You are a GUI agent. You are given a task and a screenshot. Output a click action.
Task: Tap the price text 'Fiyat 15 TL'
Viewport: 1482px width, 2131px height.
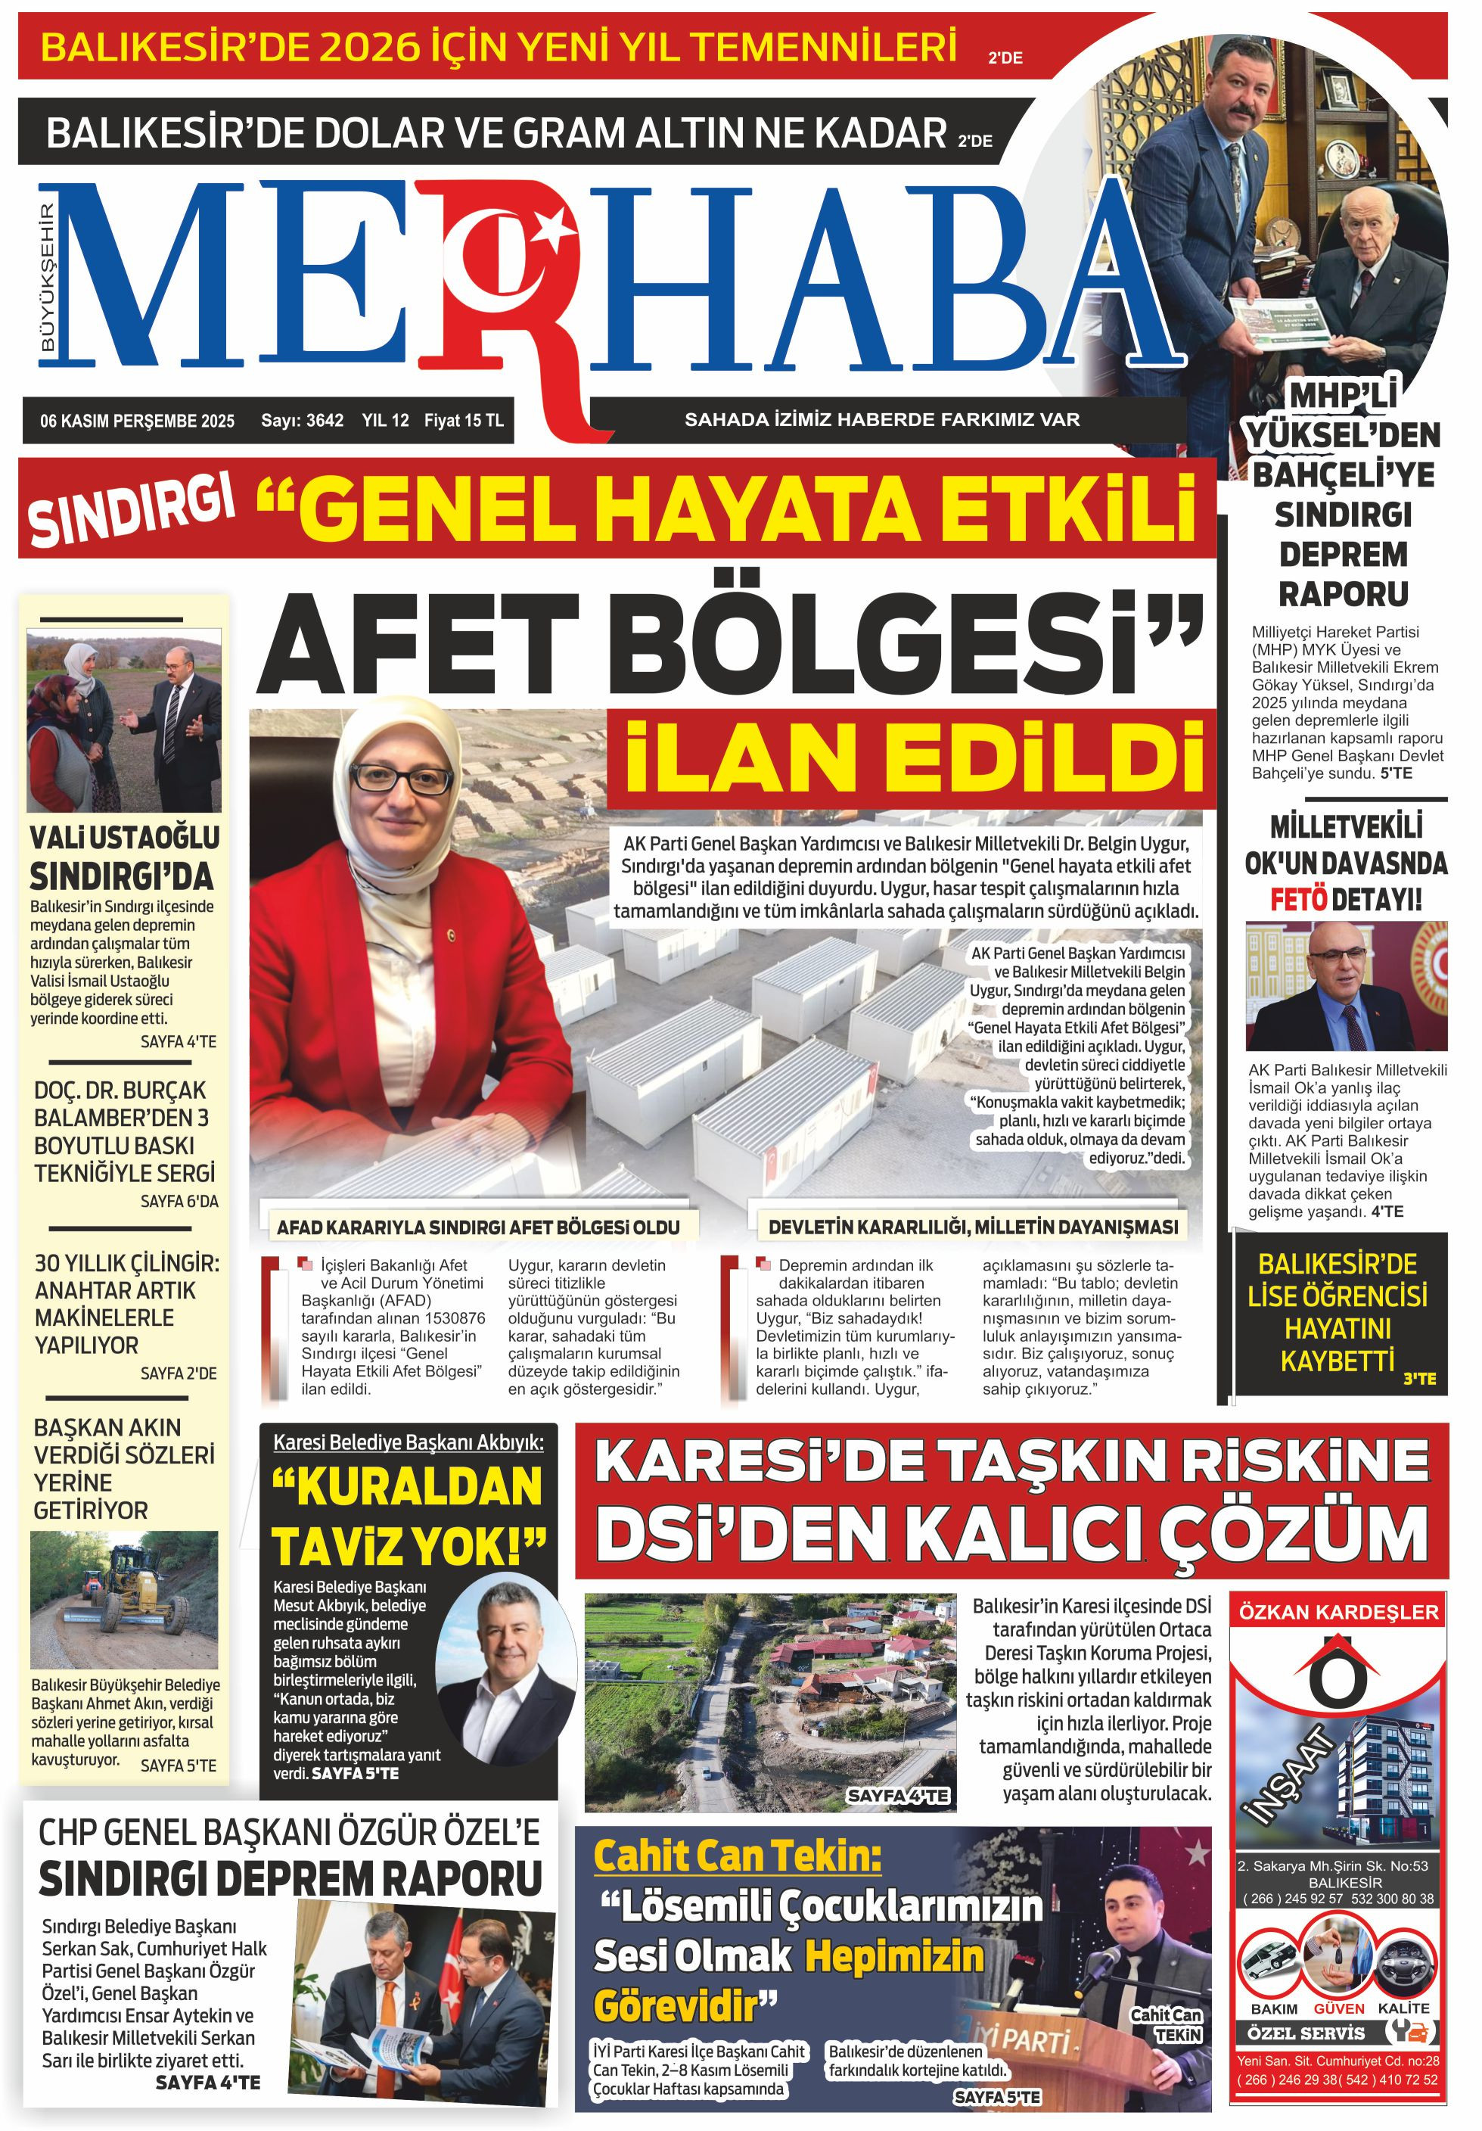463,421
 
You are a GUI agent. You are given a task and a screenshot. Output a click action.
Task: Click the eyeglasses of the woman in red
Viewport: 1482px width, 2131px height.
402,777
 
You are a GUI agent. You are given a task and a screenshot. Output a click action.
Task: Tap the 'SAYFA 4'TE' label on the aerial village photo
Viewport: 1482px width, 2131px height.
897,1795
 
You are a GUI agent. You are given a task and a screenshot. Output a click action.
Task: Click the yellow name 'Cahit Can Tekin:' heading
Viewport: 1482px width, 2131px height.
738,1856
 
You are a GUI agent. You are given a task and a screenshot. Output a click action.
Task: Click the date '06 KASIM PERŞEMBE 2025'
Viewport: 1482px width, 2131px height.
138,421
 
